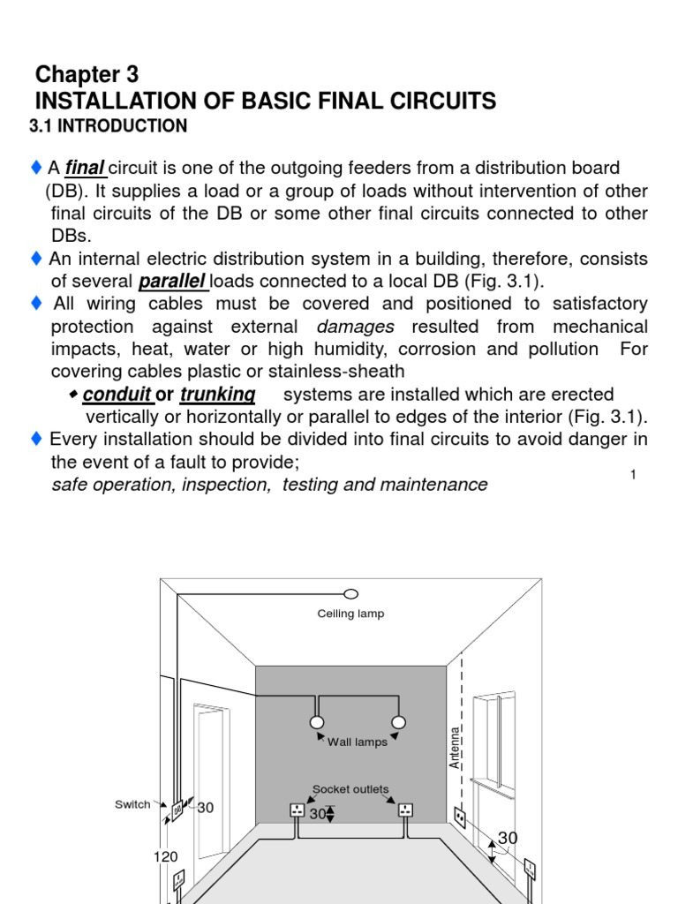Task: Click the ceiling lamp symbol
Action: click(350, 592)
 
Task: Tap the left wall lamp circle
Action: click(317, 722)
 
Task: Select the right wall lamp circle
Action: click(398, 722)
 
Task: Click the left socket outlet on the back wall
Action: click(298, 810)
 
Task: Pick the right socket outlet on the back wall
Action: click(405, 810)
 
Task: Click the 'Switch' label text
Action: click(132, 804)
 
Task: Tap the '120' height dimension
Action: click(165, 856)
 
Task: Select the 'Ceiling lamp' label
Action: click(350, 614)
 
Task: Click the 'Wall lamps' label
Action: click(358, 742)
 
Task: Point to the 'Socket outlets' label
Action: click(350, 789)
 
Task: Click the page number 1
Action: click(634, 475)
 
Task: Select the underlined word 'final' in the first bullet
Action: click(86, 168)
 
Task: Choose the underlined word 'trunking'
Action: click(217, 394)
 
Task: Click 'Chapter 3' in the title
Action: click(87, 74)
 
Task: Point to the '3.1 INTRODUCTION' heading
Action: click(109, 126)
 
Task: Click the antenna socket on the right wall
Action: click(461, 817)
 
